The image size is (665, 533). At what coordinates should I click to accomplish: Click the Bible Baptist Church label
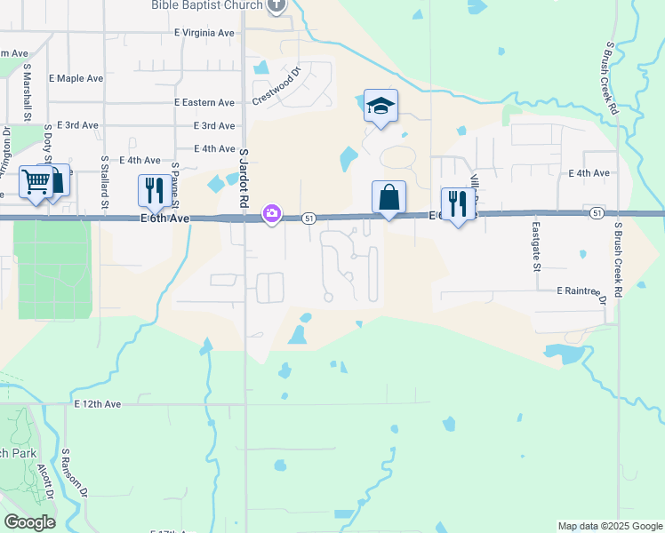(x=206, y=5)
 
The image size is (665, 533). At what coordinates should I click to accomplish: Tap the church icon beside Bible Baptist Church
(x=276, y=5)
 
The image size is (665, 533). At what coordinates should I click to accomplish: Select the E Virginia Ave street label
(x=204, y=33)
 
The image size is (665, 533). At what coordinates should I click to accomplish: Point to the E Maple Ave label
(x=76, y=78)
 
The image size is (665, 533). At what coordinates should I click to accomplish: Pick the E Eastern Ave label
(x=204, y=103)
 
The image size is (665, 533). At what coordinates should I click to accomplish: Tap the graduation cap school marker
(x=381, y=106)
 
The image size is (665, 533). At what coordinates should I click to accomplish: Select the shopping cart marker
(x=36, y=182)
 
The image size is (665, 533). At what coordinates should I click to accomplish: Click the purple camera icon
(x=271, y=213)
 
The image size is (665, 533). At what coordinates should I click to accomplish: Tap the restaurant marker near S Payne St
(x=154, y=190)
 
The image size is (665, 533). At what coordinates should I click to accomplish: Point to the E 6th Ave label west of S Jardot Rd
(x=164, y=219)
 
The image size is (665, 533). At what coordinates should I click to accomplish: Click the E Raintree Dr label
(x=582, y=291)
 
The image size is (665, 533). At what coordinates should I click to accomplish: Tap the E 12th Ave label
(x=97, y=404)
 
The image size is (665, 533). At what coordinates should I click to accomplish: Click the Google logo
(x=29, y=522)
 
